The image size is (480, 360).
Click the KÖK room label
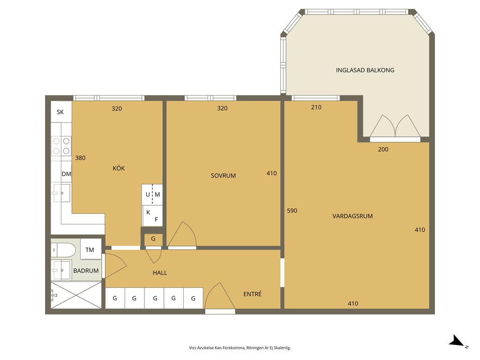(x=119, y=168)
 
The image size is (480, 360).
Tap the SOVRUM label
(x=223, y=176)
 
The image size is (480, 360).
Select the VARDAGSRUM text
(x=352, y=216)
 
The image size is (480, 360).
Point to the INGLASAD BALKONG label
(x=365, y=70)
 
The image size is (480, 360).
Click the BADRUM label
(x=86, y=270)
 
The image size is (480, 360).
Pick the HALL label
(x=160, y=273)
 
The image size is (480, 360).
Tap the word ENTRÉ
(x=253, y=294)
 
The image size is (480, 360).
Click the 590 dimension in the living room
(x=292, y=210)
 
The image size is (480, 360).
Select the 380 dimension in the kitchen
(x=80, y=158)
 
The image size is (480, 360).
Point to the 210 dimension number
(x=316, y=107)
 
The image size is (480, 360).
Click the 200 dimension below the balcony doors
(x=383, y=150)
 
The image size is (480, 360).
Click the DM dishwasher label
(x=67, y=174)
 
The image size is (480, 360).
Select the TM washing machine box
(x=90, y=249)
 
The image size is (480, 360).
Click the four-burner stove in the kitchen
(x=61, y=146)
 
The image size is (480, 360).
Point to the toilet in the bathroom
(x=63, y=250)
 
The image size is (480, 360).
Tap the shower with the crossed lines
(x=76, y=295)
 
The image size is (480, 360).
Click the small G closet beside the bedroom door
(x=153, y=239)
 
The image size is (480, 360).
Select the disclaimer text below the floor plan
(x=240, y=348)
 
